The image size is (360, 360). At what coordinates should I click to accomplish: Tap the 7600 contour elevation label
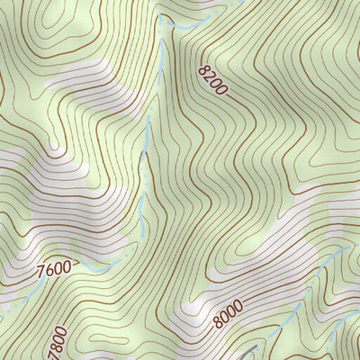(54, 267)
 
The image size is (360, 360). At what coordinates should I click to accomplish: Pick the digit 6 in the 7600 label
(49, 267)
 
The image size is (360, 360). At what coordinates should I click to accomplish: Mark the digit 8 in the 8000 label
(218, 321)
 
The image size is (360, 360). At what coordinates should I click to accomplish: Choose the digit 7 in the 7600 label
(40, 268)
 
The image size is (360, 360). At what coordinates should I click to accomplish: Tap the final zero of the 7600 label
(67, 266)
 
